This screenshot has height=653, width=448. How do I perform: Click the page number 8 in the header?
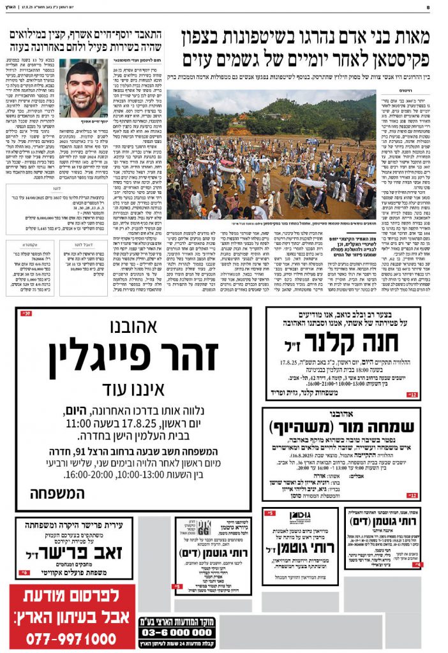click(x=437, y=8)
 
